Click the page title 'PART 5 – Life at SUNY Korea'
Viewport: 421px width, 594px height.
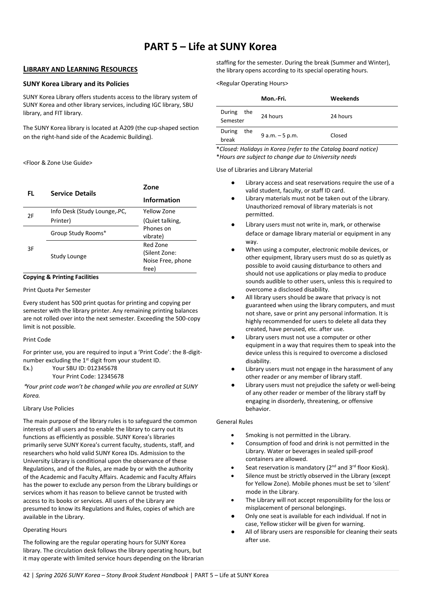210,47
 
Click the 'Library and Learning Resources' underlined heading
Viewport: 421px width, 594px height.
80,69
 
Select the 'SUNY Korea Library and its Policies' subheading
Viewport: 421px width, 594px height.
76,84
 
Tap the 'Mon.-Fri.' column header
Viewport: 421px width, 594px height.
273,99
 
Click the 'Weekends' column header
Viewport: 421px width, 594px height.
345,99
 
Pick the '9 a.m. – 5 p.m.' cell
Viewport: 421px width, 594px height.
279,135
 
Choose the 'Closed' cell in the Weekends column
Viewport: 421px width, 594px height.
339,135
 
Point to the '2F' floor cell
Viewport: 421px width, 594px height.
31,216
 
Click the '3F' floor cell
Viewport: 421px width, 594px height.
31,249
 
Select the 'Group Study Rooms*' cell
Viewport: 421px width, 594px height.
78,233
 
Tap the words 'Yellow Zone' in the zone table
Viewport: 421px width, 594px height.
159,211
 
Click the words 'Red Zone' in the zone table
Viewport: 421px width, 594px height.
155,245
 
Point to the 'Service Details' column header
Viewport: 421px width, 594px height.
73,193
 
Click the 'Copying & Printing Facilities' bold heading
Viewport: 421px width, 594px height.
61,277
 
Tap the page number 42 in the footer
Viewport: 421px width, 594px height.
26,575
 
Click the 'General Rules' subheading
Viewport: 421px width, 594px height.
235,422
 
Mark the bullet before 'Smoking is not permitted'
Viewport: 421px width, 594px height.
233,435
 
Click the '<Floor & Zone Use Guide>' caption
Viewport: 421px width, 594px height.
58,163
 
